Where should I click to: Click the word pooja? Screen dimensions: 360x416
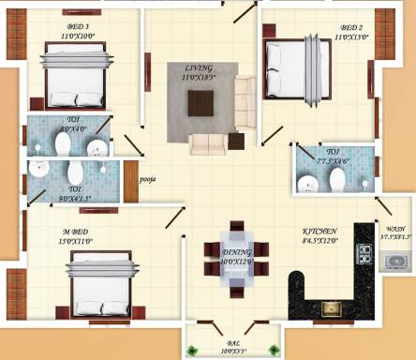tap(147, 176)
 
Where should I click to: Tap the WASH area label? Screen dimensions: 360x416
tap(395, 228)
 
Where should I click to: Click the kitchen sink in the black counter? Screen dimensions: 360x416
tap(330, 306)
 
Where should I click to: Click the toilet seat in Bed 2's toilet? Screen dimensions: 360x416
tap(310, 160)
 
